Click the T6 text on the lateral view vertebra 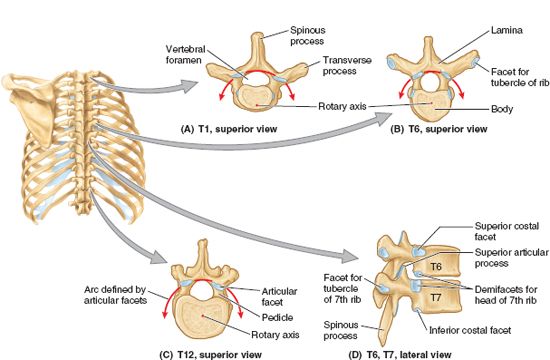[434, 267]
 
